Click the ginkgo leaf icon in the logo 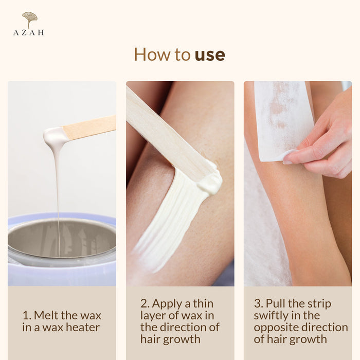(x=30, y=19)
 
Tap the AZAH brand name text (x=29, y=32)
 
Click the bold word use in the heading (x=210, y=55)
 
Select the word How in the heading (x=152, y=54)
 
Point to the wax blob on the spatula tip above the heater (x=55, y=136)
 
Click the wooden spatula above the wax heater (x=89, y=128)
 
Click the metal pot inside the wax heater (x=62, y=239)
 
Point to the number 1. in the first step (x=27, y=315)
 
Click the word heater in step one (x=83, y=327)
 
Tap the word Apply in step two (x=167, y=304)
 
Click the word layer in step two (x=153, y=316)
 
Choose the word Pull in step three (x=276, y=303)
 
